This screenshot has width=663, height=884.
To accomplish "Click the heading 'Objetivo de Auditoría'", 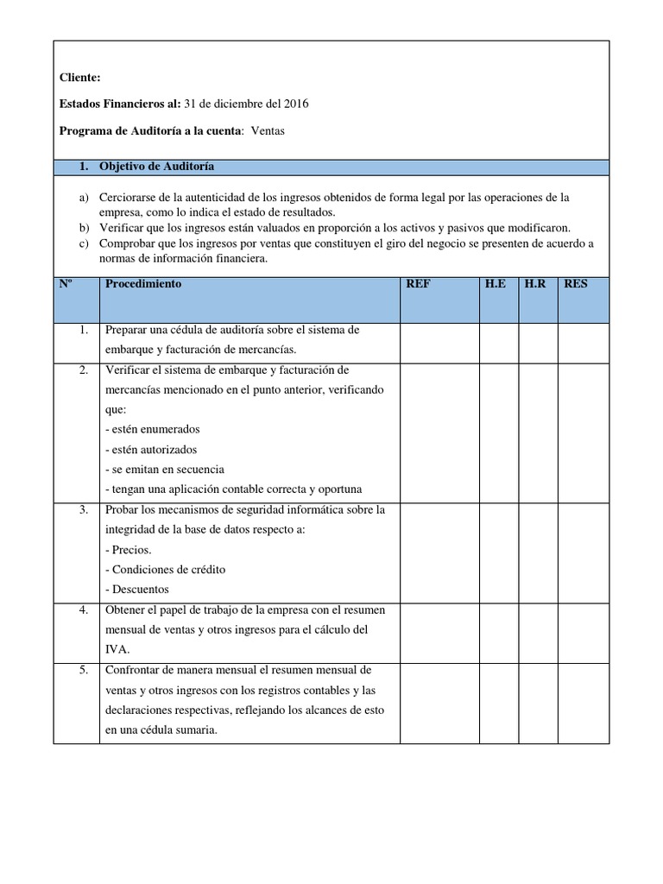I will click(x=157, y=166).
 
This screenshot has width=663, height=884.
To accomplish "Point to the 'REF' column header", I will click(x=418, y=284).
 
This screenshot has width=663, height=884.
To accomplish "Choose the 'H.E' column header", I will click(x=496, y=284).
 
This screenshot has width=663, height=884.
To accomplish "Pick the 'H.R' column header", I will click(x=535, y=284).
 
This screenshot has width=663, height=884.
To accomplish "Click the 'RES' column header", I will click(x=575, y=284).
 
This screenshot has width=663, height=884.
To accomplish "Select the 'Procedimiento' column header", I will click(x=143, y=284).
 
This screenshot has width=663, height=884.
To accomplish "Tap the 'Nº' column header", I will click(x=66, y=284).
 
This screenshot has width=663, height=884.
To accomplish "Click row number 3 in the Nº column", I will click(x=84, y=510).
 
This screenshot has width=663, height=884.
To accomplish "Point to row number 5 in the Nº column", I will click(x=84, y=670).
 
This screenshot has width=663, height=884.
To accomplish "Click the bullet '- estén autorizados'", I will click(x=150, y=450).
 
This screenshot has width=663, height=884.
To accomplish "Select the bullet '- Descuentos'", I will click(x=136, y=590).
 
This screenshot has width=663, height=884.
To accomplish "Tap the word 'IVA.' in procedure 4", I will click(x=117, y=650).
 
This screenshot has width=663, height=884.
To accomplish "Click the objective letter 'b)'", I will click(x=84, y=228).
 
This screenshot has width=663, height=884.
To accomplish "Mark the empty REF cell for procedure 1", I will click(x=439, y=340).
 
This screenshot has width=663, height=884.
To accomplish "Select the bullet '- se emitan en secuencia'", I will click(x=164, y=470).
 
